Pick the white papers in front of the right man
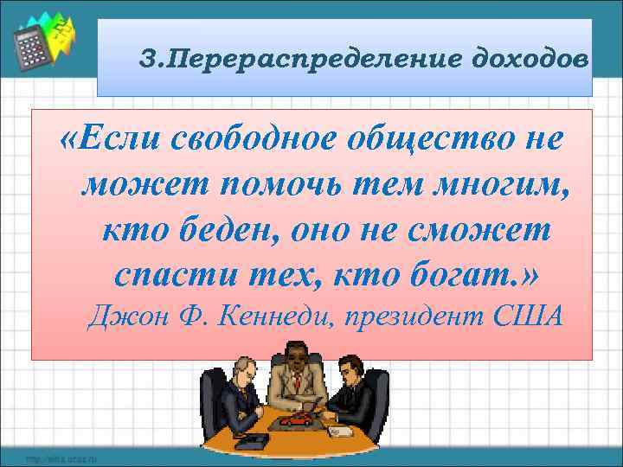tap(337, 428)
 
